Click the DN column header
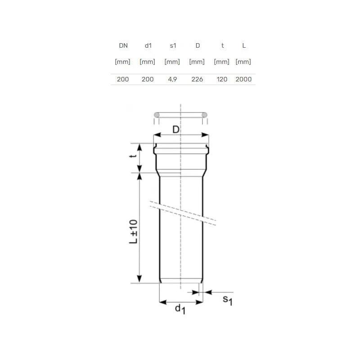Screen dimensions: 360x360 coord(123,45)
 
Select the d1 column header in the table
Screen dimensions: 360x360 coord(148,45)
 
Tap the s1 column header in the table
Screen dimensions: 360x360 coord(173,45)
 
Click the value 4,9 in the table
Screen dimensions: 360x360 coord(172,79)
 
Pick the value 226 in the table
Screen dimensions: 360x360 coord(197,79)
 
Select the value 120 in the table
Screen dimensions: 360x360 coord(222,79)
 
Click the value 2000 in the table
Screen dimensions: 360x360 coord(243,79)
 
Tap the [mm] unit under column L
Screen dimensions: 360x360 coord(243,62)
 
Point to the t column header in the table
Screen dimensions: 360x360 coord(221,45)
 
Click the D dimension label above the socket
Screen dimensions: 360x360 coord(176,130)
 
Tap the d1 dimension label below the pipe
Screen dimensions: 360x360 coord(180,309)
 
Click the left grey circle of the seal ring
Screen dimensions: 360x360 coord(157,115)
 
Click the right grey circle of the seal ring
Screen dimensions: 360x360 coord(204,115)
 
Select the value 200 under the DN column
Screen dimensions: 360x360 coord(123,79)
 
